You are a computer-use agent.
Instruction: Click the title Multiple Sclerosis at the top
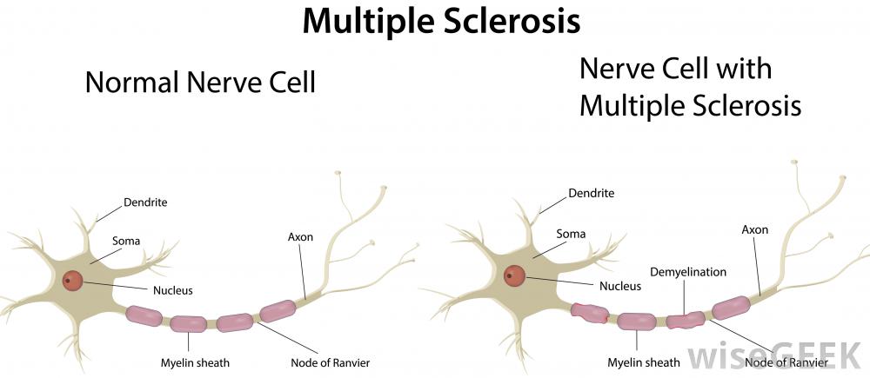click(x=440, y=21)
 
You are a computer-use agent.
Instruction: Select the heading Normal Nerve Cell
click(x=199, y=83)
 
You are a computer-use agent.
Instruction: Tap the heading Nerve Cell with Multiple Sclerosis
click(x=689, y=87)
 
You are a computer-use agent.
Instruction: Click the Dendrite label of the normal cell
click(x=145, y=202)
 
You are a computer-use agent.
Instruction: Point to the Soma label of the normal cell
click(x=126, y=240)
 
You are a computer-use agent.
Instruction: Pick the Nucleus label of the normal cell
click(x=172, y=290)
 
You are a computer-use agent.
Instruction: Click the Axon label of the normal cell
click(x=300, y=236)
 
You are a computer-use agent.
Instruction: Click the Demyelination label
click(x=687, y=272)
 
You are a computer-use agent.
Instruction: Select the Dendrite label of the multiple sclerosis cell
click(x=592, y=193)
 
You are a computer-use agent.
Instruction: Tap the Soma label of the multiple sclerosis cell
click(x=572, y=234)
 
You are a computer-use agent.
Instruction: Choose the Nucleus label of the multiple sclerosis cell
click(x=620, y=285)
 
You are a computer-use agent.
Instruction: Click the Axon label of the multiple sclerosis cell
click(x=754, y=230)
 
